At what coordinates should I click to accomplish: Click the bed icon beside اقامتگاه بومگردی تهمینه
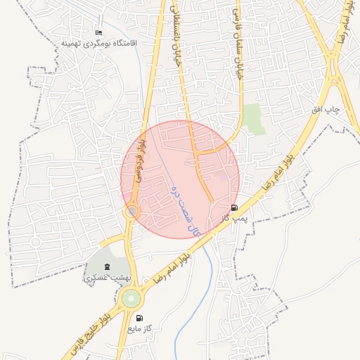(x=98, y=33)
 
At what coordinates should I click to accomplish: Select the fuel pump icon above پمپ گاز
(x=234, y=208)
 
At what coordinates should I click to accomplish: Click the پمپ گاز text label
(x=233, y=219)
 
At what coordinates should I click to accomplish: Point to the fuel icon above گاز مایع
(x=139, y=319)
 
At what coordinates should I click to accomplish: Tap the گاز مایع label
(x=139, y=328)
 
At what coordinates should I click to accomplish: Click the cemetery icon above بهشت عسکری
(x=107, y=266)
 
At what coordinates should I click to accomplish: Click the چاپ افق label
(x=326, y=110)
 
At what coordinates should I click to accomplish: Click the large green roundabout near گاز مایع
(x=131, y=299)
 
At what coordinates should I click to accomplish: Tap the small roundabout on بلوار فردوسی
(x=132, y=211)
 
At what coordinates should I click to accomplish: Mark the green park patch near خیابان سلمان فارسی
(x=255, y=118)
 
